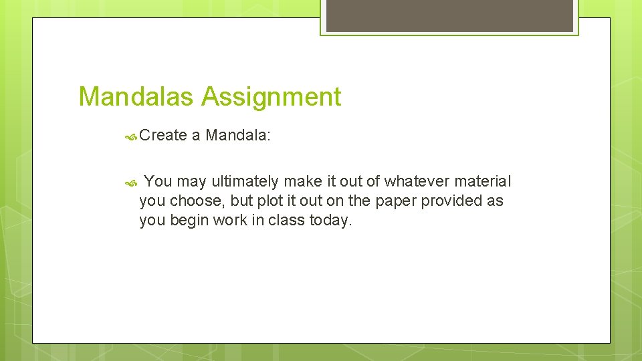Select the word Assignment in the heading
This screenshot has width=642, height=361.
tap(271, 98)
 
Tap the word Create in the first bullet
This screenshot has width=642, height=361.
tap(163, 136)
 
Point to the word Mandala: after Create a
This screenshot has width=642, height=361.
tap(238, 136)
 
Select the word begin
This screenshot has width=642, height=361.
tap(190, 220)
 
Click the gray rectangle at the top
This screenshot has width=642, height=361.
tap(449, 15)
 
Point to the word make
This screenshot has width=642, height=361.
tap(304, 181)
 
